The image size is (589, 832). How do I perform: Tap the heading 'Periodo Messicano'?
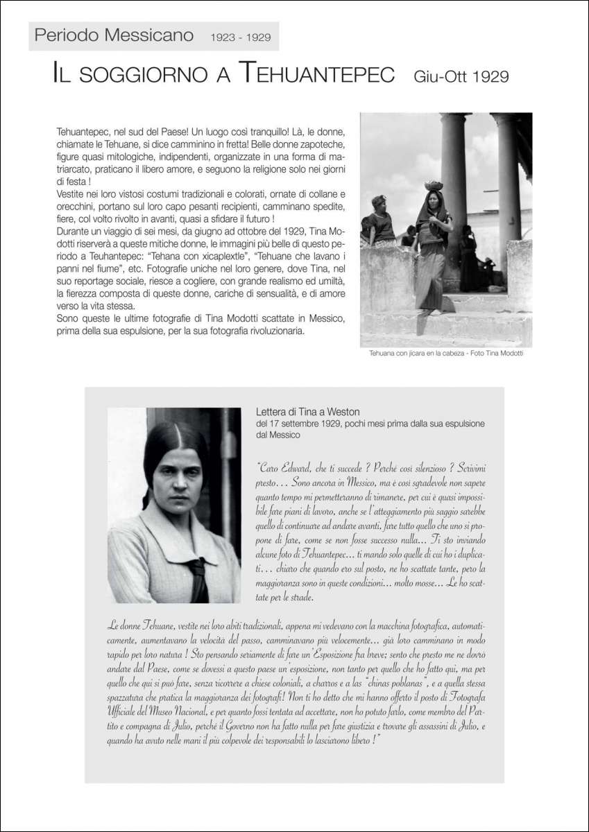pos(114,35)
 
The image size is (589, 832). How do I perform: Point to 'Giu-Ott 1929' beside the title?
pos(461,75)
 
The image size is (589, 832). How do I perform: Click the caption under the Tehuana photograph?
pos(445,354)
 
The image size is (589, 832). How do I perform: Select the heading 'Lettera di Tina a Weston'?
pos(307,412)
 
